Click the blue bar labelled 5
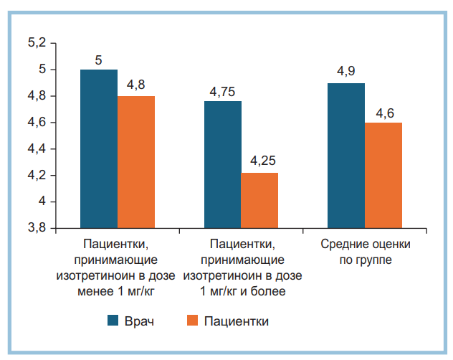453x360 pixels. [99, 148]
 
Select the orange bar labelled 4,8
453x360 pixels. [136, 162]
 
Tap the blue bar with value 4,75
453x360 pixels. [223, 164]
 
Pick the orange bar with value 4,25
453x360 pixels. [259, 200]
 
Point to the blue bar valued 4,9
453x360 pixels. [346, 156]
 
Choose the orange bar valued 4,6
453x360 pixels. [383, 175]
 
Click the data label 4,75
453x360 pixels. [223, 92]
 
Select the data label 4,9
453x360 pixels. [346, 73]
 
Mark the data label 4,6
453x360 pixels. [383, 113]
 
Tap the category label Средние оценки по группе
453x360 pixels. [365, 251]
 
